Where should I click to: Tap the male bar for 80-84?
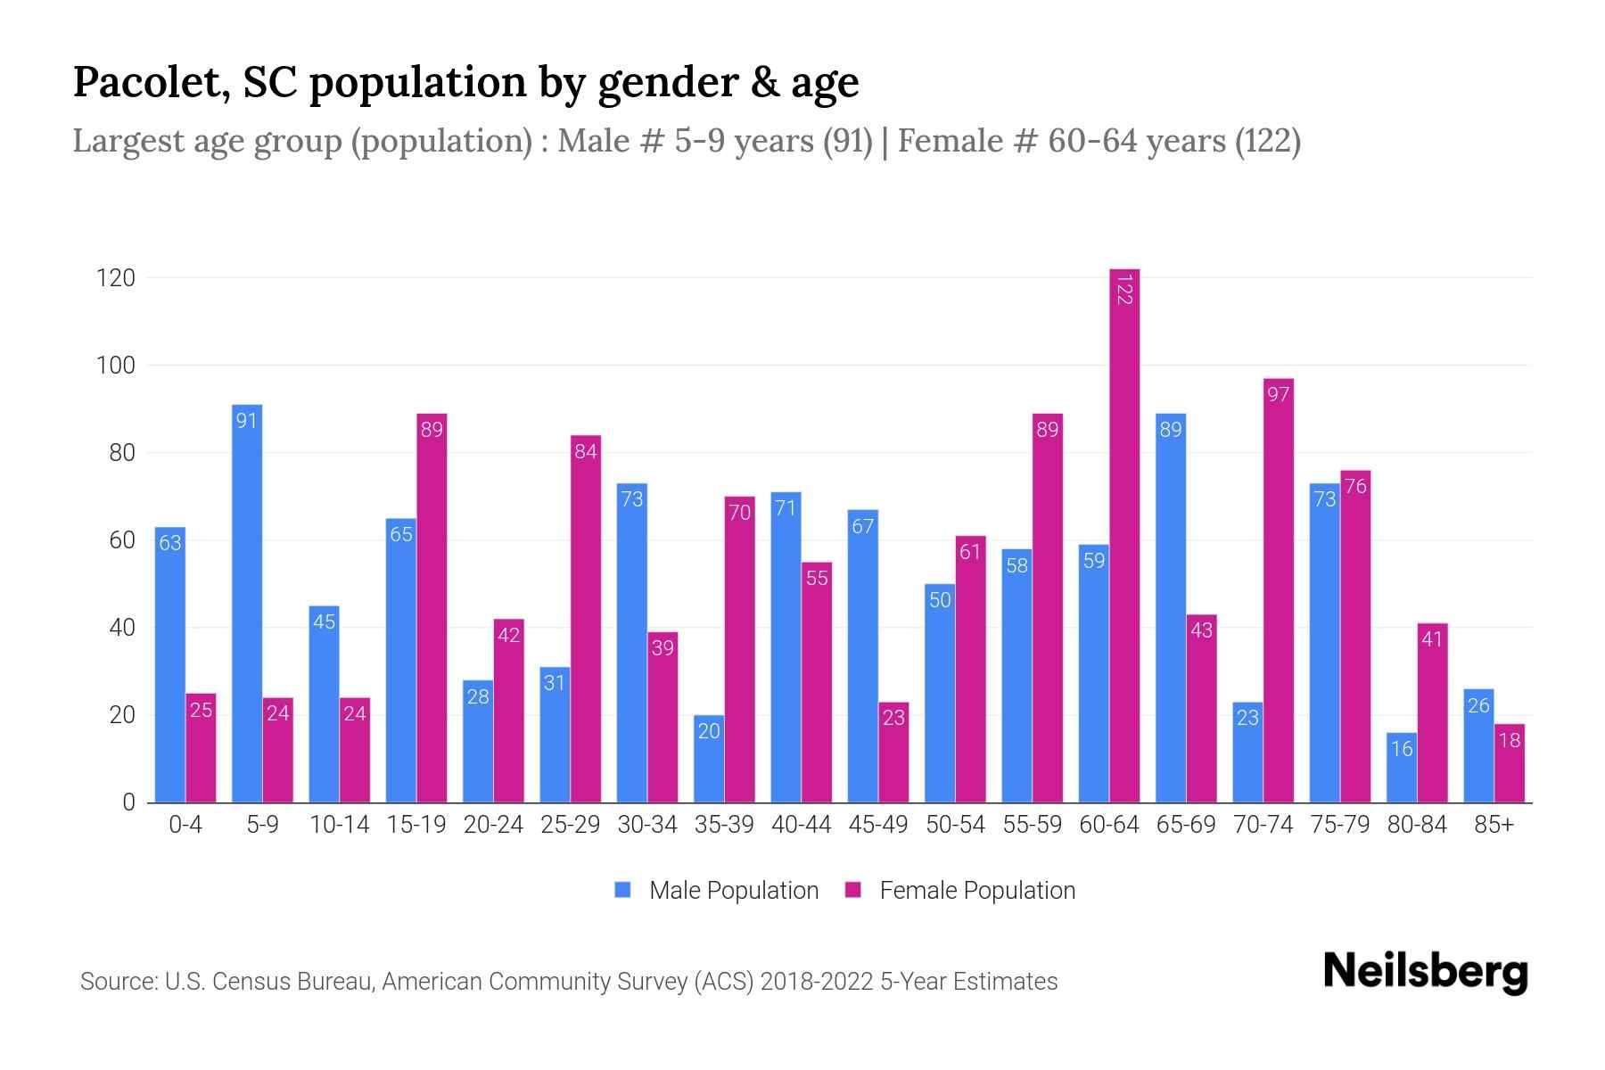pos(1402,769)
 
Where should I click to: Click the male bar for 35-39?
pos(709,760)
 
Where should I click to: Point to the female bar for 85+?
pos(1510,765)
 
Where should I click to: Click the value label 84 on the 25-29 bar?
pos(586,452)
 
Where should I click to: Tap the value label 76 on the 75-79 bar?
pos(1355,487)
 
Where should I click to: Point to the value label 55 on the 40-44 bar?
pos(817,579)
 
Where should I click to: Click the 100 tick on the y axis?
pos(116,366)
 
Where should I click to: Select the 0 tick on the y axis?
pos(128,802)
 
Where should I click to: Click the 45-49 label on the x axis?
pos(878,825)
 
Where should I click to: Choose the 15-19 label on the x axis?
pos(416,825)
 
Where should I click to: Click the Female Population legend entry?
pos(960,891)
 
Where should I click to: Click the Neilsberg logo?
pos(1425,972)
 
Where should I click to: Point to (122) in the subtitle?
pos(1267,141)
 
